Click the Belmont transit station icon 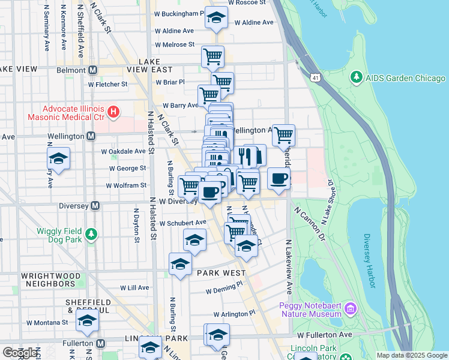[x=92, y=70]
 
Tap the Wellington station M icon [x=91, y=136]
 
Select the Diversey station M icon [x=94, y=206]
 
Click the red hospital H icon [x=113, y=112]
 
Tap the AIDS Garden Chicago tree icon [x=356, y=78]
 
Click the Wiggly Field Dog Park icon [x=91, y=234]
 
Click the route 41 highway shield [x=315, y=77]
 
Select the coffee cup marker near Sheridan [x=278, y=179]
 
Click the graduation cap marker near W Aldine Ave [x=216, y=18]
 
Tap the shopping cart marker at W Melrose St [x=212, y=57]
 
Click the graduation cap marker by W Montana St [x=88, y=321]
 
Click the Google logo [x=20, y=353]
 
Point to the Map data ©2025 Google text [x=411, y=355]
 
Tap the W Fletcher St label [x=107, y=85]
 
